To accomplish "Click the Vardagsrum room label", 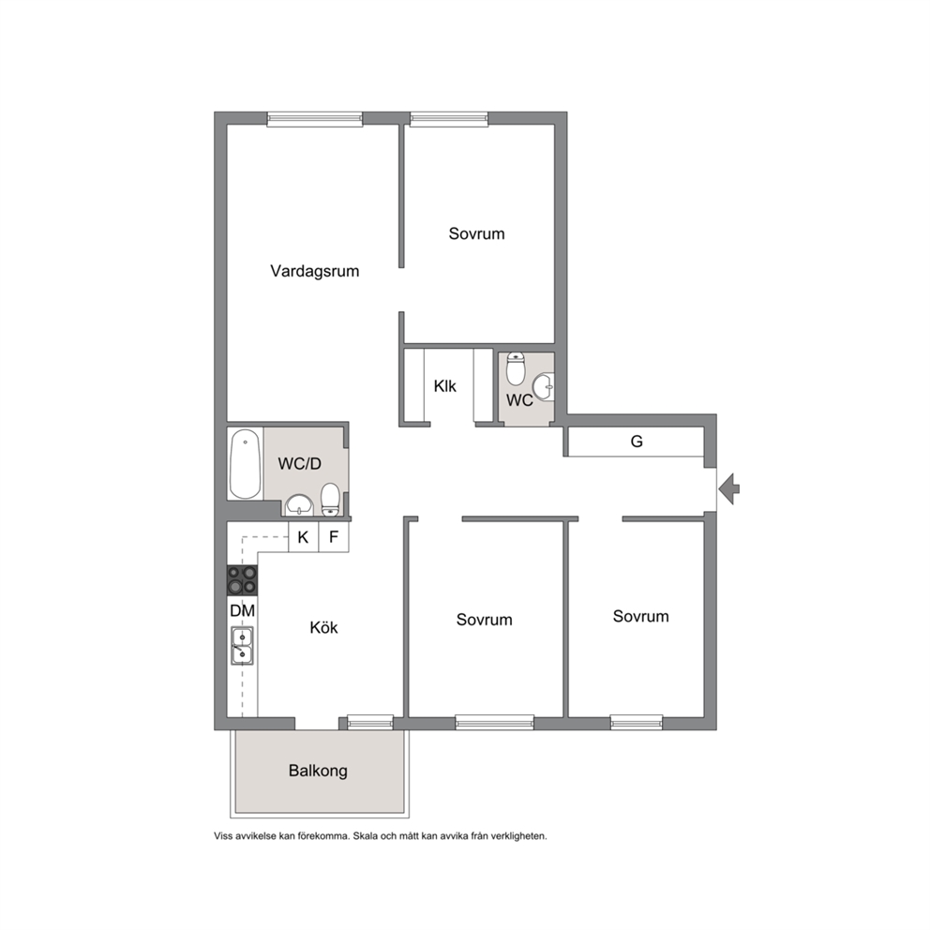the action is (x=314, y=271).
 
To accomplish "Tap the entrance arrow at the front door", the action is (x=729, y=488).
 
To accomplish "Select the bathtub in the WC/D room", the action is (x=245, y=464).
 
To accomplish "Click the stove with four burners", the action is (x=243, y=580).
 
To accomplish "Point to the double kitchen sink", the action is (x=242, y=645).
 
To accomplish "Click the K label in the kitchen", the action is (x=303, y=537).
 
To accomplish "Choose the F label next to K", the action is (x=334, y=537).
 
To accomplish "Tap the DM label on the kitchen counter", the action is (x=243, y=610).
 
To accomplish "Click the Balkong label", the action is (x=318, y=771).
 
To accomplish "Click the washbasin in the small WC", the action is (x=544, y=386).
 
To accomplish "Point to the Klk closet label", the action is (x=444, y=386).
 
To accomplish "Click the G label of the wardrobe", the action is (x=637, y=442).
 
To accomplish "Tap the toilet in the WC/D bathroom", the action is (x=330, y=500).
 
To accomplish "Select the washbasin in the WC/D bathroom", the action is (x=299, y=506).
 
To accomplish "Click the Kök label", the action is (x=323, y=627).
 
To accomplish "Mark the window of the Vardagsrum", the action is (x=314, y=119).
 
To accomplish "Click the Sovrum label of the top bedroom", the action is (x=477, y=233).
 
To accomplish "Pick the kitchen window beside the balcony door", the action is (x=370, y=722).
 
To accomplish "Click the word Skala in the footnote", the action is (x=366, y=836).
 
